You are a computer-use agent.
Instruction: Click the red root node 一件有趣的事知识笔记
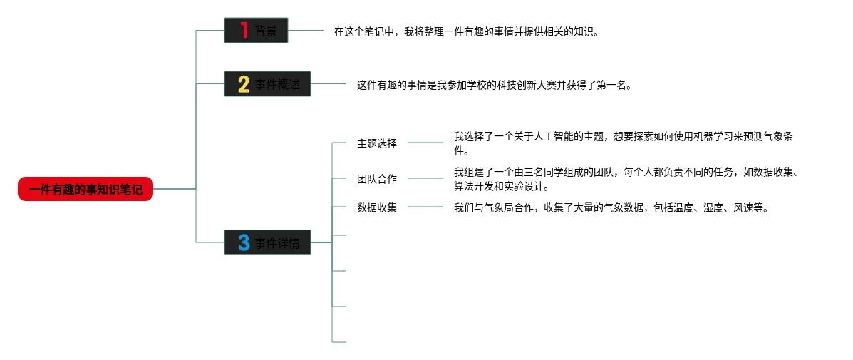point(86,189)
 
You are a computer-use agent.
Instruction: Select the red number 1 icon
point(244,31)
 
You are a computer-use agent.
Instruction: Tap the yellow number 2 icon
point(244,84)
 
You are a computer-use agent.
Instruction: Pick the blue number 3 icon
point(244,243)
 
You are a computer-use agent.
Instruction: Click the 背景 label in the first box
point(266,31)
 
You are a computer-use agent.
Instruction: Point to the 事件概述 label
point(277,85)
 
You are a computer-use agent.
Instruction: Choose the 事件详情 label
point(277,243)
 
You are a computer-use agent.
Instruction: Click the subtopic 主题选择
point(377,143)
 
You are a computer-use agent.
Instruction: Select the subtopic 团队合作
point(377,179)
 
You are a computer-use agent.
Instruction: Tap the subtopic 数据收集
point(377,207)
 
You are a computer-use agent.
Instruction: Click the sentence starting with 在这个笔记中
point(467,31)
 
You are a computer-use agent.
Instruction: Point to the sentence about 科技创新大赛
point(495,85)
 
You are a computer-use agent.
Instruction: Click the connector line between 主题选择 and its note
point(425,143)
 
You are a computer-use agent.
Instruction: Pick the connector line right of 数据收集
point(425,207)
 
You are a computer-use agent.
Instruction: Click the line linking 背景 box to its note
point(306,31)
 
